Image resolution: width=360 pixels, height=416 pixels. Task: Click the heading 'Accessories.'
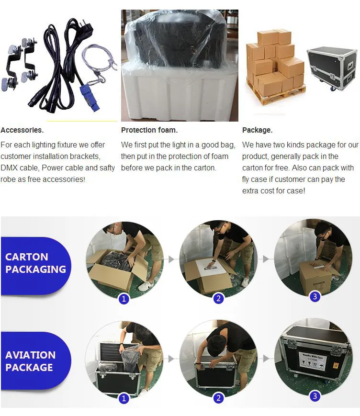pos(22,130)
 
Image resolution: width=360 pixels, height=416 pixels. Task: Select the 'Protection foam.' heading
pos(149,130)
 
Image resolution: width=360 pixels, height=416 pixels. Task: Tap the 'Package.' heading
pos(257,130)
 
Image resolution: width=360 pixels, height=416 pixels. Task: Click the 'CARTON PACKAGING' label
pos(35,263)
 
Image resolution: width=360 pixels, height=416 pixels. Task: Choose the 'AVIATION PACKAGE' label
pos(31,361)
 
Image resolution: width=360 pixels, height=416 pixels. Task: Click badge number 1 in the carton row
pos(124,299)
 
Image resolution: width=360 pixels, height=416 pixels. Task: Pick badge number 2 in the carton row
pos(218,299)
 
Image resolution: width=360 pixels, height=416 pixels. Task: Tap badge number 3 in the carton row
pos(315,296)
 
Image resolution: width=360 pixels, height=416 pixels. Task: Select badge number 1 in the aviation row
pos(124,398)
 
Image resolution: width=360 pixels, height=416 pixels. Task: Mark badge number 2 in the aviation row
pos(218,398)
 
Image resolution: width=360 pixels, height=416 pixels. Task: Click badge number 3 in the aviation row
pos(315,396)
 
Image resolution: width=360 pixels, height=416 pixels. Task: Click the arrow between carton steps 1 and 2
pos(171,259)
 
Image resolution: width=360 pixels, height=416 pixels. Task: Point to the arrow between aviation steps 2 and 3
pos(265,358)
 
